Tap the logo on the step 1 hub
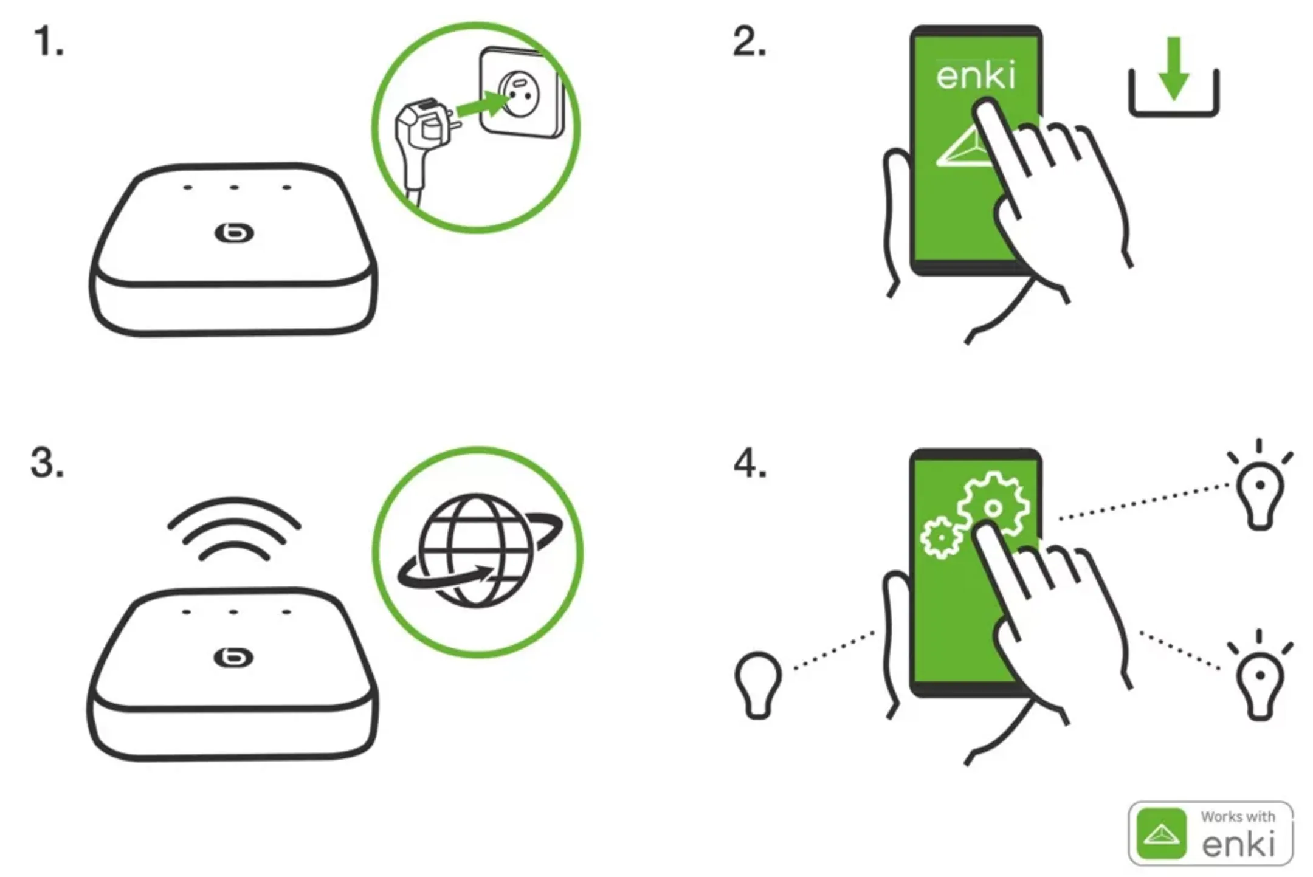pos(234,233)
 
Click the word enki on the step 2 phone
pos(975,77)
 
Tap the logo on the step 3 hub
pos(233,658)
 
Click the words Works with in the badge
pos(1237,817)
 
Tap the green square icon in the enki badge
pos(1161,834)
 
